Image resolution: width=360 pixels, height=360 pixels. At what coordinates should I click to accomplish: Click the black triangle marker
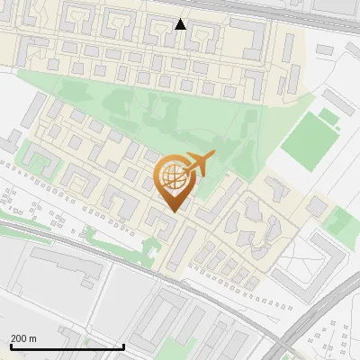[x=181, y=24]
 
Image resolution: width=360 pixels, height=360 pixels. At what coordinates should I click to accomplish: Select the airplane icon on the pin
[x=199, y=163]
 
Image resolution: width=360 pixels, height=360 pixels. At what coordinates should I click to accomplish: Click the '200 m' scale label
[x=23, y=338]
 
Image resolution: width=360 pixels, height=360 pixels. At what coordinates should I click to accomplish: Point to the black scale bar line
[x=67, y=346]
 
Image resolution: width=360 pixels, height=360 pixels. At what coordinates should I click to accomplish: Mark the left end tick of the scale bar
[x=11, y=345]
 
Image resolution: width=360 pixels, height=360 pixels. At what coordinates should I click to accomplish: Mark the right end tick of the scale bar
[x=123, y=345]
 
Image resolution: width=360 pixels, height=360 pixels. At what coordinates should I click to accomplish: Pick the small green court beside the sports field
[x=329, y=117]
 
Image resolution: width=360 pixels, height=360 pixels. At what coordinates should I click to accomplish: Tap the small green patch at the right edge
[x=339, y=220]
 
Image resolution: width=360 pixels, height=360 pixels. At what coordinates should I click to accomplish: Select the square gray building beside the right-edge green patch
[x=317, y=207]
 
